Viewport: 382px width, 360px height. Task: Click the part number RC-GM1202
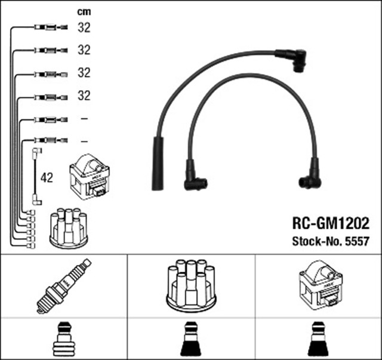pyautogui.click(x=330, y=223)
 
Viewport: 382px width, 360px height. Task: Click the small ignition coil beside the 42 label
pyautogui.click(x=90, y=177)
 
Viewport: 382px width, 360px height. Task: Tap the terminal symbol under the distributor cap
pyautogui.click(x=191, y=340)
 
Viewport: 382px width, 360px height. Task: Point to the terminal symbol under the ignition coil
pyautogui.click(x=319, y=340)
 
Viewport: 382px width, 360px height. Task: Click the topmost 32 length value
pyautogui.click(x=84, y=27)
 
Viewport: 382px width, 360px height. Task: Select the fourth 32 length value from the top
pyautogui.click(x=84, y=96)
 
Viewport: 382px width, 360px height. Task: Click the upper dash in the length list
pyautogui.click(x=84, y=119)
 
